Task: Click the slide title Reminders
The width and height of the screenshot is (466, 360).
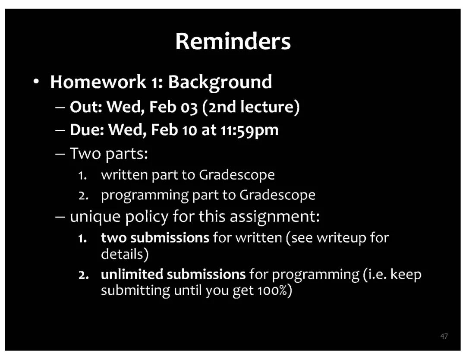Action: pos(233,41)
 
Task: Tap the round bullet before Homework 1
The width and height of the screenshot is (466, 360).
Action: pos(36,82)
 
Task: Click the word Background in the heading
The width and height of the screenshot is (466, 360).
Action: pos(220,82)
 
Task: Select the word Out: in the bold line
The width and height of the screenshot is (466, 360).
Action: pos(86,107)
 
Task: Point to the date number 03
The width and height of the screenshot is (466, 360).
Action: pos(189,107)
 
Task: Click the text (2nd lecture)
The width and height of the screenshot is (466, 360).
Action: pos(251,107)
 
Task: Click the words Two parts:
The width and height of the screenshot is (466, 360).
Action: pos(109,154)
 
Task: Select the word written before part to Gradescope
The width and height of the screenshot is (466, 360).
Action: pos(124,175)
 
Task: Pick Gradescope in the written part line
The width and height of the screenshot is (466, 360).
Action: pos(236,175)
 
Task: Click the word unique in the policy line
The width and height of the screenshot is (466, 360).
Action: pos(95,217)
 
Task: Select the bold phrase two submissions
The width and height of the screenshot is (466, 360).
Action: pos(155,238)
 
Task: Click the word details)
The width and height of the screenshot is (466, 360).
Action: pos(125,255)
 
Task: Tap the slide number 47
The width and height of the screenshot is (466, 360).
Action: pos(444,336)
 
